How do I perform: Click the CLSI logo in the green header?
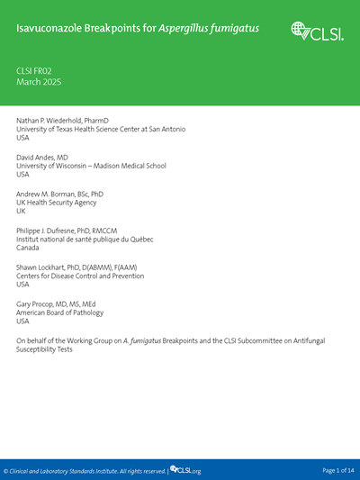(x=317, y=31)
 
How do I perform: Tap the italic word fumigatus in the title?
(x=233, y=29)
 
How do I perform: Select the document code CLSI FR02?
(x=37, y=69)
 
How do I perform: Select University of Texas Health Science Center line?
(x=101, y=130)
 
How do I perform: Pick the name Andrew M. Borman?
(x=60, y=195)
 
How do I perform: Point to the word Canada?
(x=29, y=249)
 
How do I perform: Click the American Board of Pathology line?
(x=60, y=313)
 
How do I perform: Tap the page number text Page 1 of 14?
(x=338, y=471)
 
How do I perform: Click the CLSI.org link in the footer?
(x=186, y=471)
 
